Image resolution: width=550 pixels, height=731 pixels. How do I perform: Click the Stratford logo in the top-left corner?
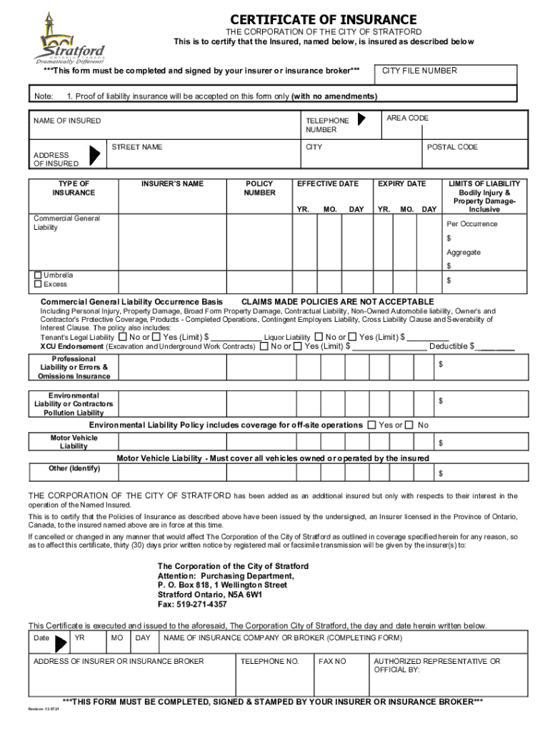(68, 39)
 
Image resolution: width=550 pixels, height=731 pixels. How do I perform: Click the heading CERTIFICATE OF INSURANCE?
(324, 19)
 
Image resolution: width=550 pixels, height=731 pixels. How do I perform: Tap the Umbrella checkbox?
(38, 275)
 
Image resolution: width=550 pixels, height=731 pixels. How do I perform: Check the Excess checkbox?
(38, 284)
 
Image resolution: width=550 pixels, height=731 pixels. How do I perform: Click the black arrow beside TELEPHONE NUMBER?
(362, 119)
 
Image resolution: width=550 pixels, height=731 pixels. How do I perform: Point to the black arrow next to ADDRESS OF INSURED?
(94, 154)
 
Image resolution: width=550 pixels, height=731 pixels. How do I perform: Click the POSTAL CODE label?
(452, 147)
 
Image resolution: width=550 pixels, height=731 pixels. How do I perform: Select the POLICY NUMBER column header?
(259, 188)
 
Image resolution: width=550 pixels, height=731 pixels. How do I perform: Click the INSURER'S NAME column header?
(172, 183)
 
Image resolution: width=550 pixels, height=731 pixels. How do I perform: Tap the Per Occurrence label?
(472, 223)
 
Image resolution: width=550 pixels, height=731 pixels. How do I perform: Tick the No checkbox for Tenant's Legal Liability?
(123, 337)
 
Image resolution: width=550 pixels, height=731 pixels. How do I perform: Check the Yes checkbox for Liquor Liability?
(351, 337)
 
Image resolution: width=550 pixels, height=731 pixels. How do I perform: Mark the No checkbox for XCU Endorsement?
(265, 346)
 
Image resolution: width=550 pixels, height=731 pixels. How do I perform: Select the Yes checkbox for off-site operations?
(371, 425)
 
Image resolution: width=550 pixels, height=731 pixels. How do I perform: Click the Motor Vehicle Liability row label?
(74, 442)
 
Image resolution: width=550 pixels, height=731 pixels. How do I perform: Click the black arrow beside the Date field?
(61, 643)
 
